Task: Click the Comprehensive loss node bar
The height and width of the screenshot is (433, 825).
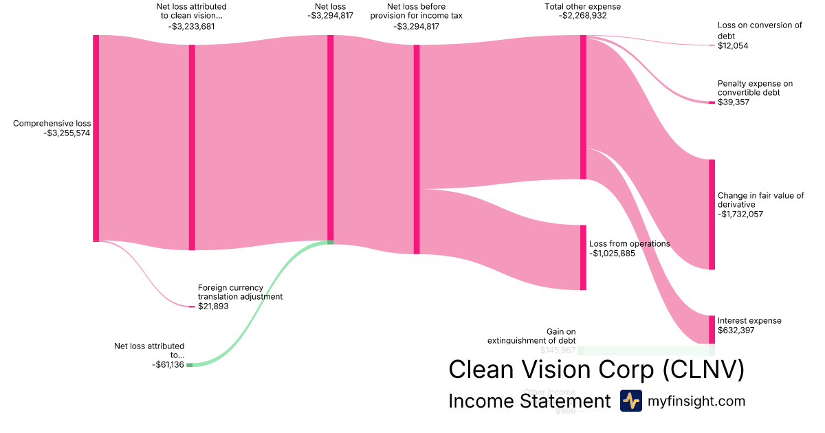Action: tap(96, 137)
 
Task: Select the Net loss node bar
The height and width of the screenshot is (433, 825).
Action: tap(330, 137)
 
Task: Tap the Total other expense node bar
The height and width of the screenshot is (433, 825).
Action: tap(583, 107)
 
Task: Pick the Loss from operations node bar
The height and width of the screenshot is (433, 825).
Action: tap(583, 257)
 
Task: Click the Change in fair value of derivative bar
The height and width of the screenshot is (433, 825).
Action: tap(712, 214)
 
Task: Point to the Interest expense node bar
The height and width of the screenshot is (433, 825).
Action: tap(712, 329)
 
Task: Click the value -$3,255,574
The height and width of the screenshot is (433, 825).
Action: tap(67, 133)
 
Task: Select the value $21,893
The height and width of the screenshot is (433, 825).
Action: tap(213, 307)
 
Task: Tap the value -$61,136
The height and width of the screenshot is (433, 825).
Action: tap(168, 365)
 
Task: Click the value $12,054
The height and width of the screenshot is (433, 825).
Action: tap(733, 46)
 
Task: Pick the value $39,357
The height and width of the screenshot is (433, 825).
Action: tap(734, 102)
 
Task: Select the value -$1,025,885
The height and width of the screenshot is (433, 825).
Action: tap(612, 253)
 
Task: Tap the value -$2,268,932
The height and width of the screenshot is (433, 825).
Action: tap(583, 16)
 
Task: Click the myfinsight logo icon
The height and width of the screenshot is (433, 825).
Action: tap(631, 401)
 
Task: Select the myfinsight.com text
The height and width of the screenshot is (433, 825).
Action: tap(696, 401)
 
